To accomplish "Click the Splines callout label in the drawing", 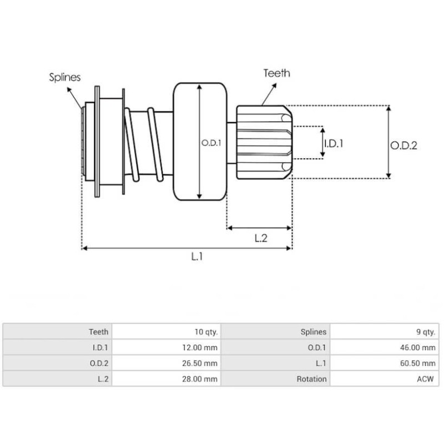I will pyautogui.click(x=64, y=77).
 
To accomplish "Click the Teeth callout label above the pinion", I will pyautogui.click(x=276, y=73).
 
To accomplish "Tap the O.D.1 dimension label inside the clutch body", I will pyautogui.click(x=211, y=143).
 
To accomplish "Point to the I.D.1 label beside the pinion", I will pyautogui.click(x=334, y=143).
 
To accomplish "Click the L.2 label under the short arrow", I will pyautogui.click(x=261, y=238).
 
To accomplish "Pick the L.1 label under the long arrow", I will pyautogui.click(x=197, y=256).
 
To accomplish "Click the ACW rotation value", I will pyautogui.click(x=426, y=379).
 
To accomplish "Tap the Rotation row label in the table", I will pyautogui.click(x=310, y=379).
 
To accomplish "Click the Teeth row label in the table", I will pyautogui.click(x=99, y=332).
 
